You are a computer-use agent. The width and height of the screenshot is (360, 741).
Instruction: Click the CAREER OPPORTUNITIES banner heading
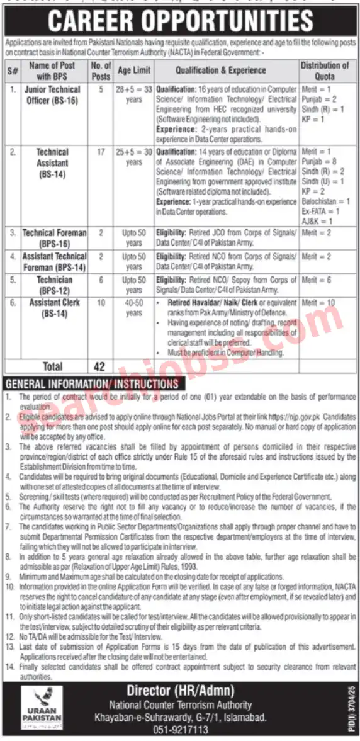point(180,20)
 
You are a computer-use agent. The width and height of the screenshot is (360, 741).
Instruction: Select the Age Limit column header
point(133,71)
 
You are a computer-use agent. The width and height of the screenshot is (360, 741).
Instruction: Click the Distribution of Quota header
point(324,70)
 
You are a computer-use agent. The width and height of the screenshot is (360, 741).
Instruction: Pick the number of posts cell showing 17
point(101,152)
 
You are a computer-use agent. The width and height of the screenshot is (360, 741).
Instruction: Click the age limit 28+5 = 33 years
point(133,94)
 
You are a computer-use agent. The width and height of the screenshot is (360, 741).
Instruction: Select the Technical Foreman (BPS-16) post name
point(54,238)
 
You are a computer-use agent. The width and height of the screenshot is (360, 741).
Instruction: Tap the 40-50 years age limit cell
point(133,308)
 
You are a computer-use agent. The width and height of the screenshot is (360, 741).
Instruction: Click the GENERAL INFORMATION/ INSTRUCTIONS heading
point(93,383)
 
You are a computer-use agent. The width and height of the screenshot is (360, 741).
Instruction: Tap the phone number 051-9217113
point(180,730)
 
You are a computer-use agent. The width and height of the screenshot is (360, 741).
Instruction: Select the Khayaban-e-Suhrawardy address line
point(180,717)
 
